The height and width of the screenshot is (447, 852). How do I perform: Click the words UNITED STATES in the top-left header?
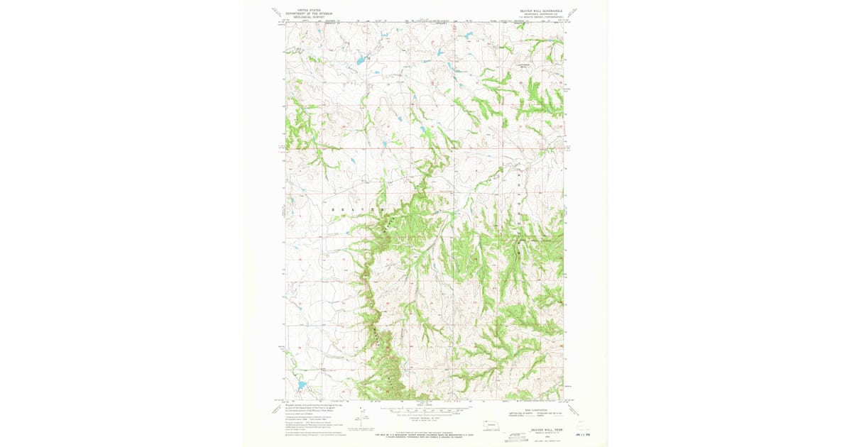(308, 10)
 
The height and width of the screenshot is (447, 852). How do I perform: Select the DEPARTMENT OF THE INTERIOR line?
(308, 13)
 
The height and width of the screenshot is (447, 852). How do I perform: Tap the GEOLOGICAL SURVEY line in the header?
(308, 16)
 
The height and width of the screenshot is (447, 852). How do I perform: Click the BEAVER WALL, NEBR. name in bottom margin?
(546, 430)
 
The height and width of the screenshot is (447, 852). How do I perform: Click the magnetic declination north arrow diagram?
(363, 419)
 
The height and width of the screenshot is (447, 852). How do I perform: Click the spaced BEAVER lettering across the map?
(355, 211)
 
